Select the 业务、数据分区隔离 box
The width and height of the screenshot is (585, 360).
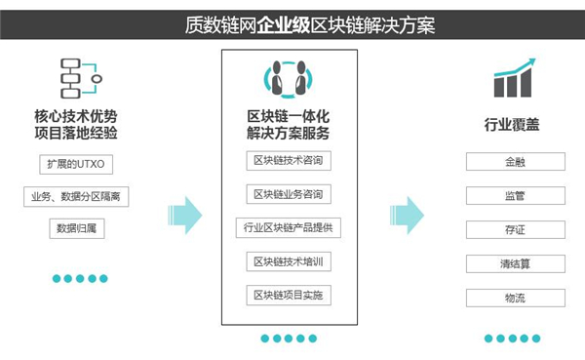(76, 197)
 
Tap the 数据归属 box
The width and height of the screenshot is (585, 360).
(76, 229)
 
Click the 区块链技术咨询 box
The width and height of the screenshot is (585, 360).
(288, 160)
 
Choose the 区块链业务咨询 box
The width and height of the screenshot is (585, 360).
(288, 194)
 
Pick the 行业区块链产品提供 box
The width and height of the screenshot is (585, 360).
(288, 228)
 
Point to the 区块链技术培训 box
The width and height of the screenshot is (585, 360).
(288, 261)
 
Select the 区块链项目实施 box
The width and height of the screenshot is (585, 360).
(288, 295)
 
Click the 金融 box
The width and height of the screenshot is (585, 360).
(515, 162)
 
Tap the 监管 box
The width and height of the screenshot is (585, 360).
(515, 196)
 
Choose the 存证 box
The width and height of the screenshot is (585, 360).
(515, 230)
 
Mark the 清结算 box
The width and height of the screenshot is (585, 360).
(515, 264)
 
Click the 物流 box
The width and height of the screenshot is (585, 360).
(515, 298)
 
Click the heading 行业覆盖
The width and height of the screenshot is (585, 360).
(514, 125)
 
